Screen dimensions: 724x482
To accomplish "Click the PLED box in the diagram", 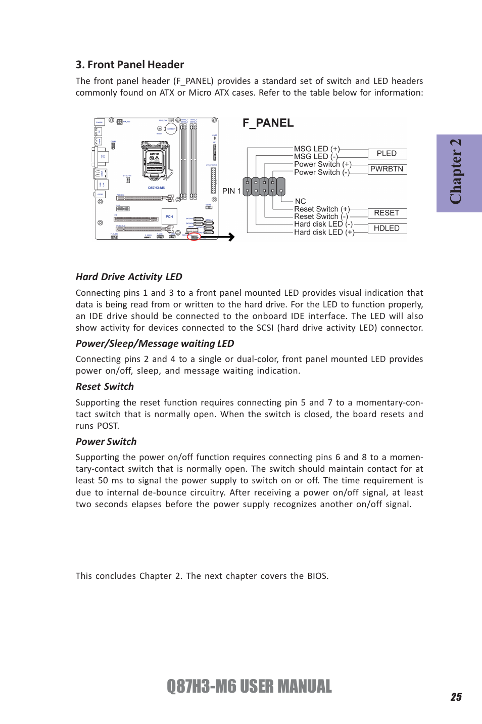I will pyautogui.click(x=387, y=154).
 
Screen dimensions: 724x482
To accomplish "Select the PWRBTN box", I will pyautogui.click(x=387, y=169).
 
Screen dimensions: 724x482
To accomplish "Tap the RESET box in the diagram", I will pyautogui.click(x=387, y=213).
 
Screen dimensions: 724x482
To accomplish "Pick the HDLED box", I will pyautogui.click(x=387, y=229).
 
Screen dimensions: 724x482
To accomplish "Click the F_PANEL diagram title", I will pyautogui.click(x=268, y=123).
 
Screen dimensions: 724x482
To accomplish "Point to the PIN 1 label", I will pyautogui.click(x=231, y=191).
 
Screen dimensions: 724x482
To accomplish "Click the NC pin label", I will pyautogui.click(x=300, y=201).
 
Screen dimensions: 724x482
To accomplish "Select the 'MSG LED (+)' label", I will pyautogui.click(x=317, y=149).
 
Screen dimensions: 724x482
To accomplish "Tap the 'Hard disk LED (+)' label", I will pyautogui.click(x=324, y=233).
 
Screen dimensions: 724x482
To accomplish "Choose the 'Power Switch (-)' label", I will pyautogui.click(x=322, y=172).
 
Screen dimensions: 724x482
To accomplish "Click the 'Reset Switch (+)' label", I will pyautogui.click(x=322, y=209).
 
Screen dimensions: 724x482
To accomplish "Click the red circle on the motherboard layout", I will pyautogui.click(x=194, y=237).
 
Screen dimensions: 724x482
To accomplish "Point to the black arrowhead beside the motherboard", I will pyautogui.click(x=231, y=237).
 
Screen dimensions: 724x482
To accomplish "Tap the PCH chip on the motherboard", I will pyautogui.click(x=169, y=216).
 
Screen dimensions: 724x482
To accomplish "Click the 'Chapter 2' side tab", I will pyautogui.click(x=459, y=173).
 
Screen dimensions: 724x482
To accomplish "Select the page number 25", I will pyautogui.click(x=456, y=697).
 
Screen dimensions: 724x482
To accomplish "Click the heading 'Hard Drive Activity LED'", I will pyautogui.click(x=129, y=277).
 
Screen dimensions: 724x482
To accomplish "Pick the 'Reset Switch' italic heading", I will pyautogui.click(x=105, y=387).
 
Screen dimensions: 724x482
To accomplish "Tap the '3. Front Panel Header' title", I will pyautogui.click(x=130, y=65).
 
